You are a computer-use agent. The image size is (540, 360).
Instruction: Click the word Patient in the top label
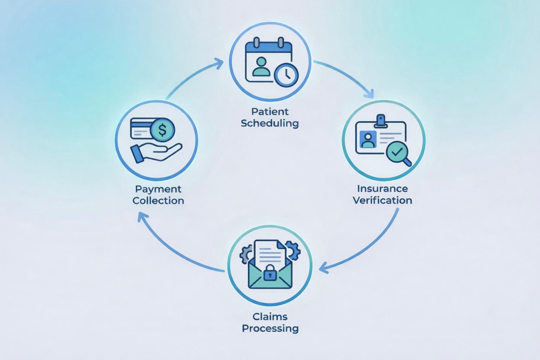[270, 112]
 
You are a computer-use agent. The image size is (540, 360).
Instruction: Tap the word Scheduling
[270, 123]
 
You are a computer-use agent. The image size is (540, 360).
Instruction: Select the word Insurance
[382, 189]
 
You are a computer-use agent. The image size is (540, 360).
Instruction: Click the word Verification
[382, 200]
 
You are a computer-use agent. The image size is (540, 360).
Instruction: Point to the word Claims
[270, 317]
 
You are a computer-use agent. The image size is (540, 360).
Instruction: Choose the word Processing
[270, 328]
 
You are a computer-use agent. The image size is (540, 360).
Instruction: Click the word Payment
[158, 189]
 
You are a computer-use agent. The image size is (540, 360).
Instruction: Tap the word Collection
[158, 201]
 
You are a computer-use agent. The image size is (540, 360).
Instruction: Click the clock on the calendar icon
[286, 75]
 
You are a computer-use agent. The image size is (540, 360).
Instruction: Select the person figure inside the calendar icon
[261, 67]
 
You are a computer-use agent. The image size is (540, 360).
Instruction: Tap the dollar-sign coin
[162, 130]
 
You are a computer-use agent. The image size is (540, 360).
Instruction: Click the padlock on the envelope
[270, 272]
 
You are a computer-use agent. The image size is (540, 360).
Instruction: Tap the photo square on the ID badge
[368, 140]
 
